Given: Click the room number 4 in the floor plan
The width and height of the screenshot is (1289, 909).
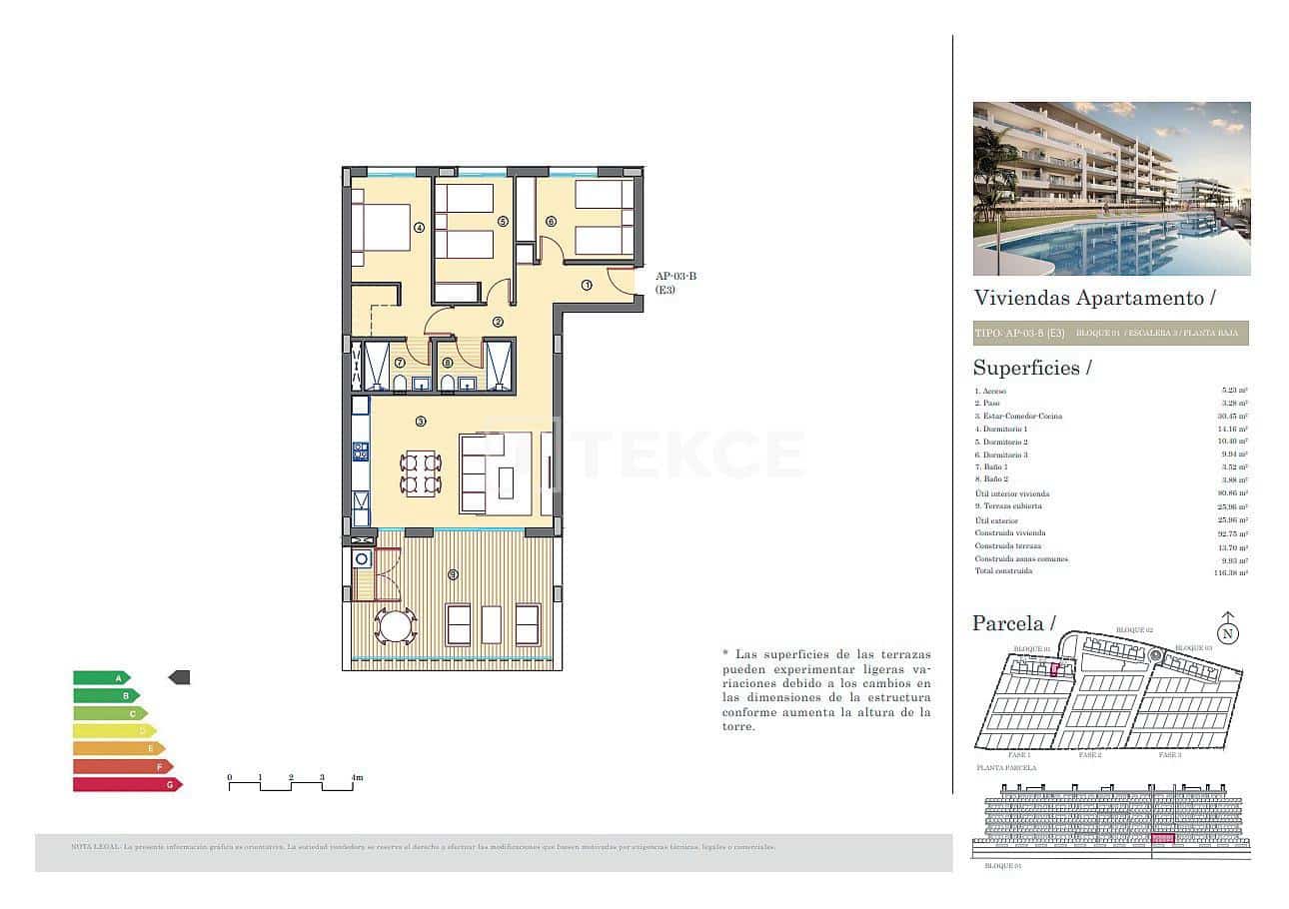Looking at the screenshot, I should pos(419,228).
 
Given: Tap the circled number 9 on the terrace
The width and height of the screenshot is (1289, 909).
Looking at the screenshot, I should pos(453,574).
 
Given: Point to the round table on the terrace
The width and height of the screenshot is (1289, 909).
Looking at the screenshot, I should pos(396,626).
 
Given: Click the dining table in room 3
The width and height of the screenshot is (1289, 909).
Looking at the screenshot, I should pos(421,474).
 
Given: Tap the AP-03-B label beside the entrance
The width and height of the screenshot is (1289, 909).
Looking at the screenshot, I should pos(675,277).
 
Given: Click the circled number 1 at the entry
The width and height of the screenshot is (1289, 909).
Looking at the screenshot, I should pos(587,285).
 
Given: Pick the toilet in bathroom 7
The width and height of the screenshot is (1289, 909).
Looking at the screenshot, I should pos(400,383).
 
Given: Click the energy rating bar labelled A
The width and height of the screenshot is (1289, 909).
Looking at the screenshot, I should pos(101,677).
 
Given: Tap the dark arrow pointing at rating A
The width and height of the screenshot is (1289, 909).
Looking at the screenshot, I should pos(179,677).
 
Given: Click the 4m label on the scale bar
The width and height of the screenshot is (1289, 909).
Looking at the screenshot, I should pos(356,777).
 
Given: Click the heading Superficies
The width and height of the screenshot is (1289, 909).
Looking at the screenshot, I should pos(1032,368).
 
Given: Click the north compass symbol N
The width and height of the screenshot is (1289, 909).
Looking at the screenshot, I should pos(1228,632).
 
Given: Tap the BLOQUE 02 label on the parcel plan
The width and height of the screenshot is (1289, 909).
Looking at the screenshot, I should pos(1134,630).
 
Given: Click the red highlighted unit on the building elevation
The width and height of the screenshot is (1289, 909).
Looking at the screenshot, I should pos(1162,839).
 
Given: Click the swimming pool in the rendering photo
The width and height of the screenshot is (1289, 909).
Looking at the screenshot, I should pos(1109,245).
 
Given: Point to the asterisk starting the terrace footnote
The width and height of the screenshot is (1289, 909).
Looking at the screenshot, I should pos(725,653).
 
